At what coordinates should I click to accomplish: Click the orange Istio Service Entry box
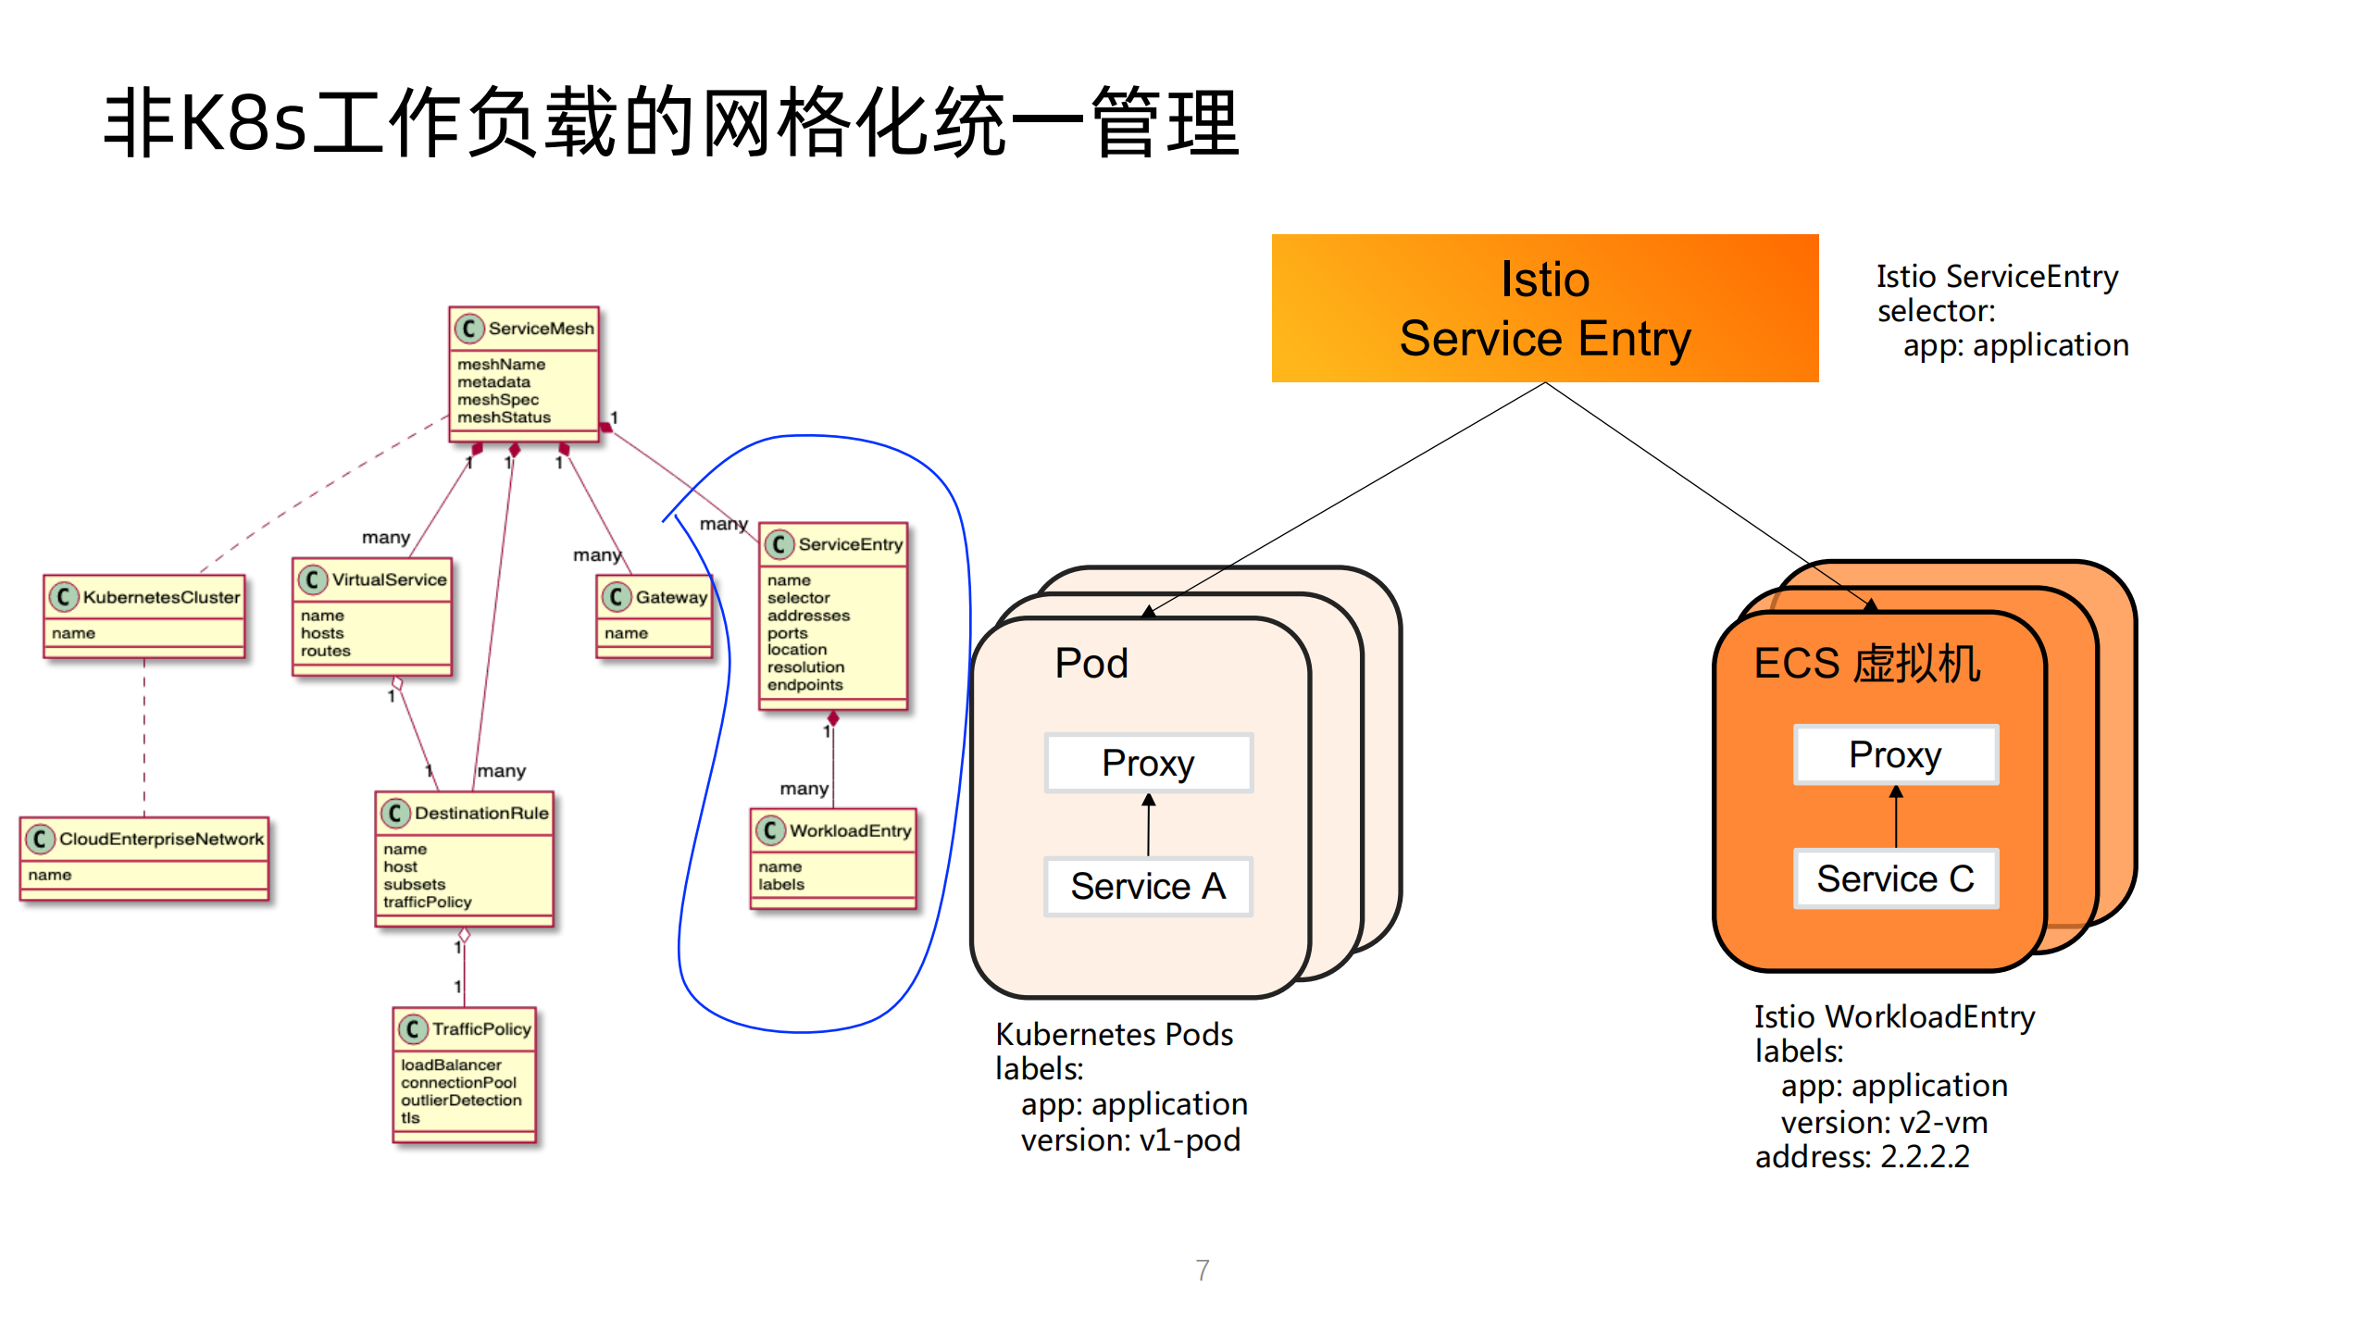coord(1544,308)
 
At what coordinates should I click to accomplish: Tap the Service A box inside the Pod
coord(1148,886)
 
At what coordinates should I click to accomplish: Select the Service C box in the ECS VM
coord(1895,878)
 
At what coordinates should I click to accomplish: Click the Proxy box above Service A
coord(1148,763)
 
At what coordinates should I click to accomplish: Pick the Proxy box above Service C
coord(1895,754)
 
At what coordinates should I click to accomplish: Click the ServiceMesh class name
coord(541,329)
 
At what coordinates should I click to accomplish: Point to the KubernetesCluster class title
coord(161,597)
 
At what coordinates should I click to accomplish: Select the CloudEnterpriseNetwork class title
coord(161,839)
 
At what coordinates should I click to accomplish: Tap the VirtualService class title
coord(389,579)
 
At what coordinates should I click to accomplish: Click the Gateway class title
coord(670,597)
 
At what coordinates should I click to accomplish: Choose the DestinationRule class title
coord(480,813)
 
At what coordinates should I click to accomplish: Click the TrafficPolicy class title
coord(481,1028)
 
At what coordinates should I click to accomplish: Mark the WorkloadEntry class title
coord(850,830)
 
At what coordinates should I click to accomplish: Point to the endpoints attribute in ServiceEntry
coord(804,685)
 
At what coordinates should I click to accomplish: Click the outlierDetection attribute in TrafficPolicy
coord(461,1100)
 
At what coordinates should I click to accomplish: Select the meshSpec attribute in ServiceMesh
coord(497,400)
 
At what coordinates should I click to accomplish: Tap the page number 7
coord(1202,1270)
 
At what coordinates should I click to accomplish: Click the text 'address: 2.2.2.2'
coord(1862,1157)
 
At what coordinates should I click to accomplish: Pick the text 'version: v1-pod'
coord(1129,1140)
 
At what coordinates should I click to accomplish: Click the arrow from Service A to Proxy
coord(1148,825)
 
